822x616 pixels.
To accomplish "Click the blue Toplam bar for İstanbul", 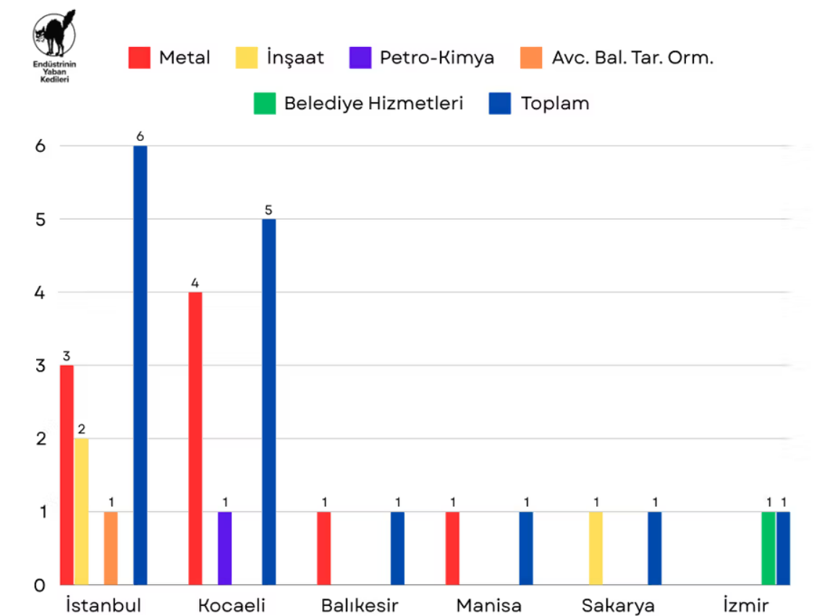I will [x=140, y=365].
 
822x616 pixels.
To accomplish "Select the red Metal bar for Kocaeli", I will [x=195, y=438].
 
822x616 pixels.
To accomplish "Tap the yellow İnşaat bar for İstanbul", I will [x=81, y=511].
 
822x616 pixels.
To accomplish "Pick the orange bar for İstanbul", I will [x=111, y=548].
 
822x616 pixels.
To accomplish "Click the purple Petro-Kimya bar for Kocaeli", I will [x=225, y=548].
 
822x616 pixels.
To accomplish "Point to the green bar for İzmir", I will [x=768, y=548].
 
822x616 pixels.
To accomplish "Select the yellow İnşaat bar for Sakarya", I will [x=596, y=548].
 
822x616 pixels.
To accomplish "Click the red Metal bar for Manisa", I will [x=452, y=548].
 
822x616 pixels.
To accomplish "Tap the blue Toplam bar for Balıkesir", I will [x=397, y=548].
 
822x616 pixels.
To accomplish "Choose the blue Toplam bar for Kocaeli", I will [x=268, y=401].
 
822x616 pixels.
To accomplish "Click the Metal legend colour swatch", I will [x=140, y=58].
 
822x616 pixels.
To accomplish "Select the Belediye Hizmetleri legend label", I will [x=373, y=103].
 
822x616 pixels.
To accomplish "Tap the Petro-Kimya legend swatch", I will [x=360, y=58].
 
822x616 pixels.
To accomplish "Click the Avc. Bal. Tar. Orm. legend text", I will [x=632, y=58].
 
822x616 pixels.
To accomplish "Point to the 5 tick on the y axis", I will [x=41, y=219].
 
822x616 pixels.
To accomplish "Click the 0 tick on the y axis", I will [x=41, y=585].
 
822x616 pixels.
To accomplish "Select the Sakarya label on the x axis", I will [x=619, y=605].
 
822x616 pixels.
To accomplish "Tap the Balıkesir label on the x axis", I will [x=360, y=605].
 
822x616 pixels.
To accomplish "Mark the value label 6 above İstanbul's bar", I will [x=140, y=136].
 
